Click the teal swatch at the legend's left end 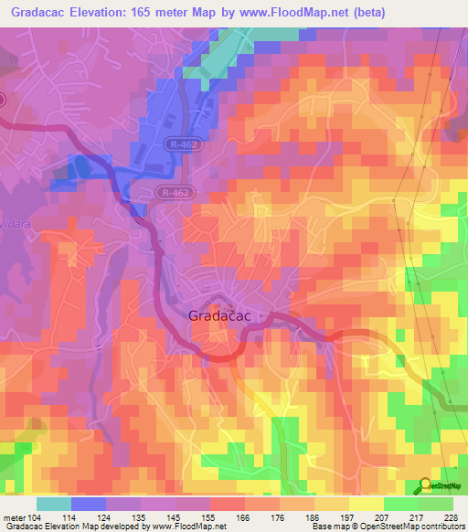click(x=54, y=504)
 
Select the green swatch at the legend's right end click(x=436, y=504)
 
